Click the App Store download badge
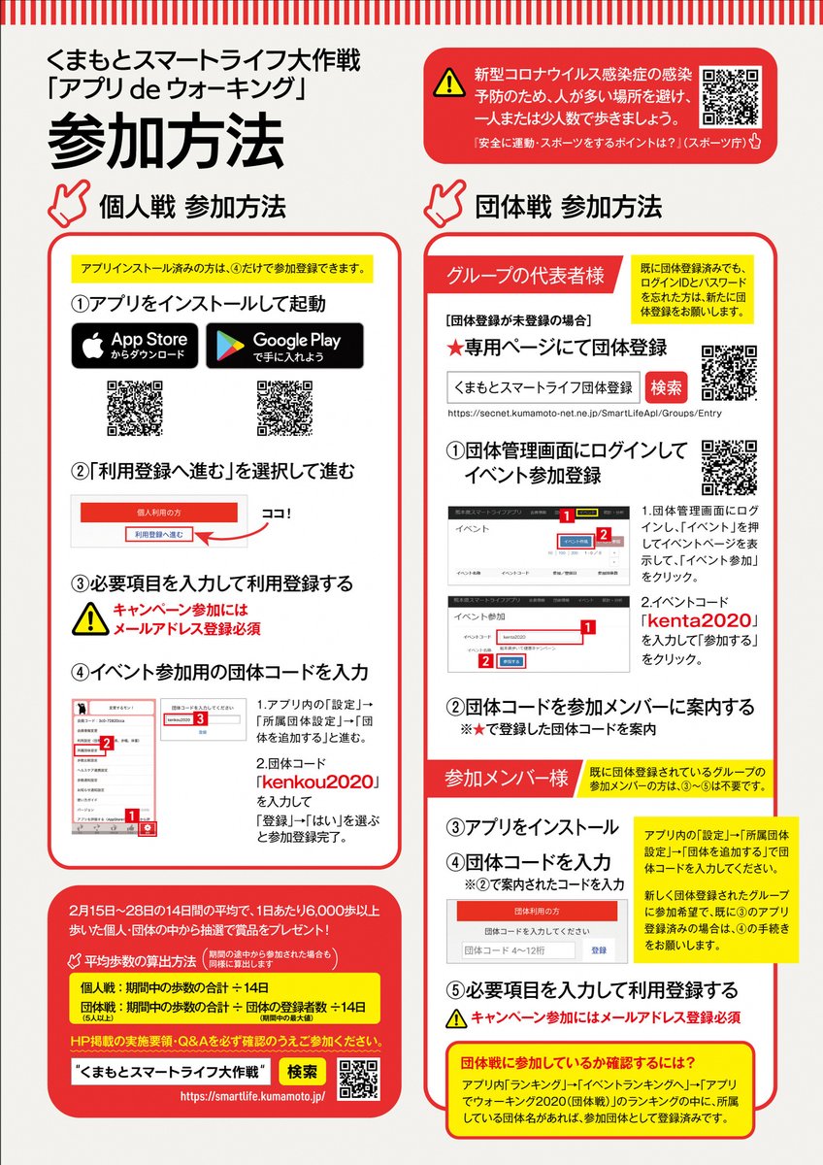[134, 346]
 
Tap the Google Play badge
[284, 346]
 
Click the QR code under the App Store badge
[134, 408]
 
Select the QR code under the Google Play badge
[284, 408]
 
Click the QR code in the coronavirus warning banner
[730, 96]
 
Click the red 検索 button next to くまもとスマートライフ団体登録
[667, 386]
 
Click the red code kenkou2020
[316, 782]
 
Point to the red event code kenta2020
[699, 620]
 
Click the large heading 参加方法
[166, 143]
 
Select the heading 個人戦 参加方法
[192, 206]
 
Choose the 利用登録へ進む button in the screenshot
[160, 533]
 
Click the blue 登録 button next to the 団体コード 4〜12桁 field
[599, 949]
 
